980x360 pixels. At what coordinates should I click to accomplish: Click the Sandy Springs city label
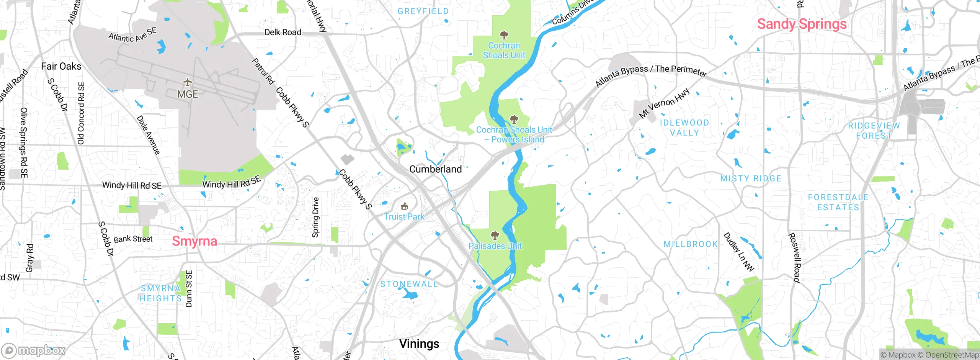click(802, 24)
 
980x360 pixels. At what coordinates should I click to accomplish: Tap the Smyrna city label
click(194, 241)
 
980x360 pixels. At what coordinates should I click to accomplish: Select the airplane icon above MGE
click(187, 82)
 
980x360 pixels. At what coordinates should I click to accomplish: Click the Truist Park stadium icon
click(404, 207)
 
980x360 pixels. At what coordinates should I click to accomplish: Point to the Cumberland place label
click(435, 169)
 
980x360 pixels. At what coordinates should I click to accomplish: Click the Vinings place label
click(419, 344)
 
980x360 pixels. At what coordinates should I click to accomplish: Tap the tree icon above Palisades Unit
click(495, 235)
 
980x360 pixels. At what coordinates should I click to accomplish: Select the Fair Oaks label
click(61, 66)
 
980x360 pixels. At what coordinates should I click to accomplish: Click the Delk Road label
click(283, 33)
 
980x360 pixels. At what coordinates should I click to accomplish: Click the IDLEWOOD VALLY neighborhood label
click(684, 128)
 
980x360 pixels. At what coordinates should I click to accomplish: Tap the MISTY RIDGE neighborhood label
click(751, 178)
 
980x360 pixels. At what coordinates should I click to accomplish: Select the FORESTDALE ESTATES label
click(838, 202)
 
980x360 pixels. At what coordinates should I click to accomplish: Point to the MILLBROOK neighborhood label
click(691, 244)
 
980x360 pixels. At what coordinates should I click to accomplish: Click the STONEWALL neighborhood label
click(409, 284)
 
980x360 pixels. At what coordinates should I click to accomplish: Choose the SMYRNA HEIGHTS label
click(160, 293)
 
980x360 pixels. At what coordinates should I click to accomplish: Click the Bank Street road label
click(133, 239)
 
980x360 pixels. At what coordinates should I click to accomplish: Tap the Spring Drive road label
click(315, 217)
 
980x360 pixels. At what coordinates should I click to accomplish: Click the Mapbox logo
click(34, 350)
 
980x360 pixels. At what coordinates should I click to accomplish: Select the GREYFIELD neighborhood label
click(423, 11)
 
